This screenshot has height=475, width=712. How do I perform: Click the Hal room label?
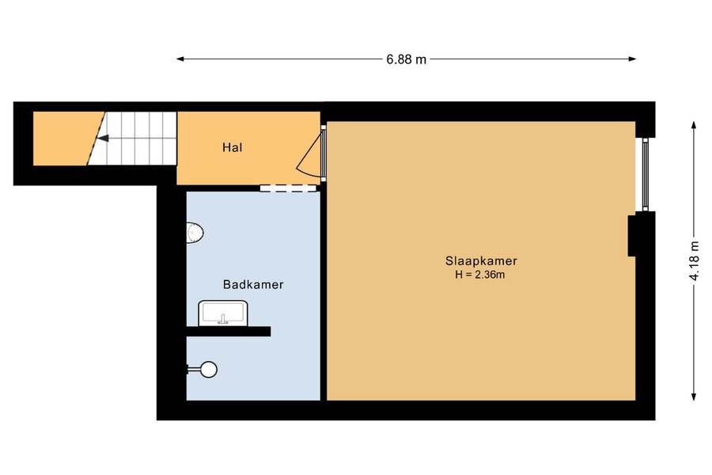click(232, 147)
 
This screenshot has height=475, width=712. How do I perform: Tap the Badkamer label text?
click(253, 284)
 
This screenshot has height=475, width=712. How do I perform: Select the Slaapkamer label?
click(481, 261)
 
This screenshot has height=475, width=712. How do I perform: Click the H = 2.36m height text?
click(480, 275)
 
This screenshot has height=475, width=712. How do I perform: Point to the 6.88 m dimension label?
click(407, 59)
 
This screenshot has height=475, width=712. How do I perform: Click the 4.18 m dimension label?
click(695, 261)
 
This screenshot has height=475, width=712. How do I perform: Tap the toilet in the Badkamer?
click(195, 234)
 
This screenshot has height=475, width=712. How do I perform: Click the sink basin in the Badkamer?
click(223, 313)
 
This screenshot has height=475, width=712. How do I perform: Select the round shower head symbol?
click(209, 370)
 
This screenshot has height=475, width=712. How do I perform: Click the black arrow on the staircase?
click(103, 139)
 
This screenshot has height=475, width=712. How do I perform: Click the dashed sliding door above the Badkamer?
click(288, 188)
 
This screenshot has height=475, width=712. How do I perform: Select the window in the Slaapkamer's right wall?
click(646, 173)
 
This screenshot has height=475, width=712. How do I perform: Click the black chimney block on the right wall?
click(631, 235)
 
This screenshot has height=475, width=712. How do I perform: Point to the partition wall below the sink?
click(229, 332)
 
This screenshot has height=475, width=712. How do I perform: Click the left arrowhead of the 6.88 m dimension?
click(180, 59)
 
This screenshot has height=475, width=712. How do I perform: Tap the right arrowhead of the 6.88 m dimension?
click(632, 59)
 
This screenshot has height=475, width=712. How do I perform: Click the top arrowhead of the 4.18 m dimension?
click(694, 125)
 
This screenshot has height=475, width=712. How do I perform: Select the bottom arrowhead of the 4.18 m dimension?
click(694, 397)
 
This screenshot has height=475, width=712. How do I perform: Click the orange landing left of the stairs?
click(63, 139)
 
